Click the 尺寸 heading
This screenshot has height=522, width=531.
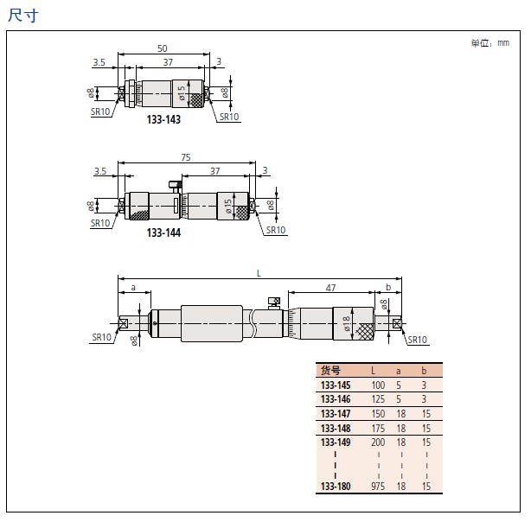23,16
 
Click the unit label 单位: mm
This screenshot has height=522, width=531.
490,43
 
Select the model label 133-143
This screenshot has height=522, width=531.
163,119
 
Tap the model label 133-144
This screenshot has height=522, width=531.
163,232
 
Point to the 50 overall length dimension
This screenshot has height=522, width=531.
163,48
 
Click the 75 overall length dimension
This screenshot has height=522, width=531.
186,157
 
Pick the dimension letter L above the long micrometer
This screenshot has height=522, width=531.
259,273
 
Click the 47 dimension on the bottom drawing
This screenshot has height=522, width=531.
331,288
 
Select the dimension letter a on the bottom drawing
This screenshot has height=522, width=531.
133,288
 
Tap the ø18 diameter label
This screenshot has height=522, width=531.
346,323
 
